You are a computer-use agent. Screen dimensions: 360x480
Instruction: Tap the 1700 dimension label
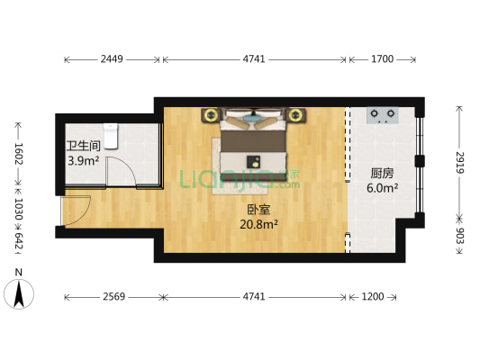[x=382, y=60]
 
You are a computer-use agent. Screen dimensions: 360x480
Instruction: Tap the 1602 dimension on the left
[x=16, y=154]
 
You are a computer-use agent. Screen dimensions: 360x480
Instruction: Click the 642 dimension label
[x=16, y=241]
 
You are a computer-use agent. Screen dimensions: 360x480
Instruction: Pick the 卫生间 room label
[x=82, y=147]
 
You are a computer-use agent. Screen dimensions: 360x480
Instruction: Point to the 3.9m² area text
[x=83, y=162]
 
